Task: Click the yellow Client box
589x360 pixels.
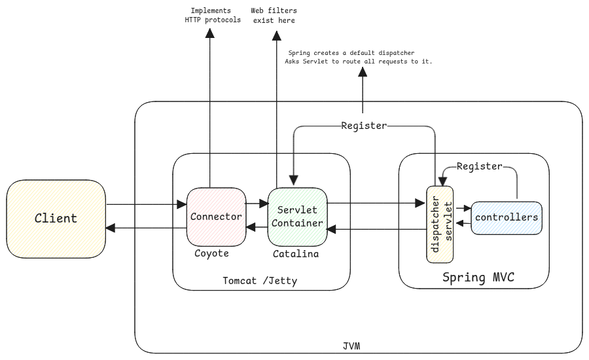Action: [x=56, y=218]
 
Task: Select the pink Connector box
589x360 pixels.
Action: [x=216, y=216]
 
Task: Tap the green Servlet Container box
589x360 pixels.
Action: [x=297, y=217]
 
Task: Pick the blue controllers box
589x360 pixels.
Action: [x=507, y=217]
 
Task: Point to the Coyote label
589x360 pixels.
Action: [x=211, y=253]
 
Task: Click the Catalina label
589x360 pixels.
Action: [x=296, y=253]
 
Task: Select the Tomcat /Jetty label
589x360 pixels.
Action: [x=260, y=281]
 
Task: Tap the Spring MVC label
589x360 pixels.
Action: [x=478, y=278]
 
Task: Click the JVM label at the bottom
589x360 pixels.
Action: [x=351, y=345]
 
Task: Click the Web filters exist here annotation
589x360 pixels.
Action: [x=274, y=16]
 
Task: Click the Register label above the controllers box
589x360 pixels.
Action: [x=479, y=166]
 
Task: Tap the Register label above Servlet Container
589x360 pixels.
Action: [x=364, y=126]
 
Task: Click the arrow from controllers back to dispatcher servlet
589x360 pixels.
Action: [x=464, y=224]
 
